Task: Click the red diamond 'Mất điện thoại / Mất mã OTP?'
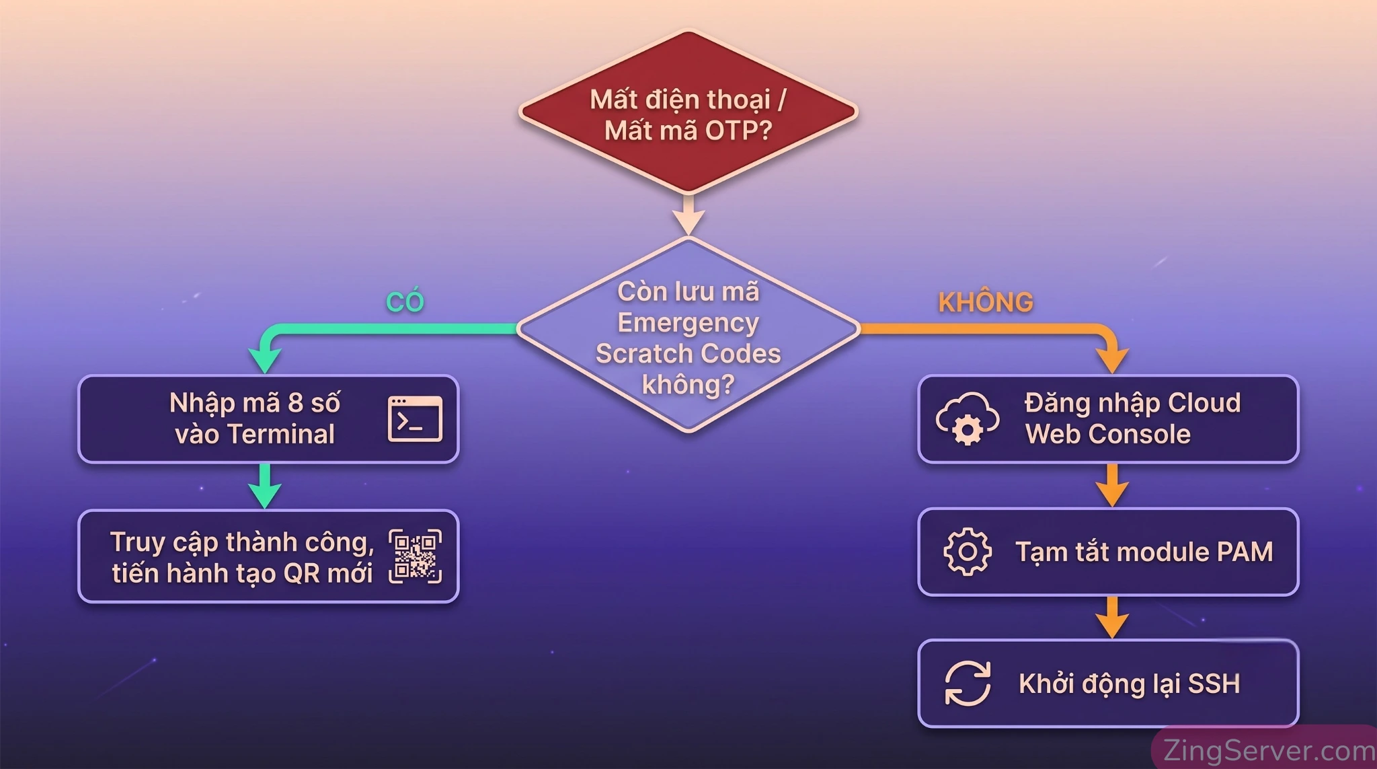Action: coord(688,112)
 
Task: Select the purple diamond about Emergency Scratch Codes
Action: coord(688,334)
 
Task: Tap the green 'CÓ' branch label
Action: coord(405,301)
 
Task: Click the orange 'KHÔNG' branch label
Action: coord(986,302)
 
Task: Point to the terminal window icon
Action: coord(415,418)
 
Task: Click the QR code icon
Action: coord(415,556)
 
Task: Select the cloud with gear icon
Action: coord(967,419)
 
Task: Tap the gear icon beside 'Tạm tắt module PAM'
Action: coord(968,552)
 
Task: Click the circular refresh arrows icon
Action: coord(968,683)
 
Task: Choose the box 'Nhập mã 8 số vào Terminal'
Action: coord(268,419)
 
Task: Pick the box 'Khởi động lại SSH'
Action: coord(1108,683)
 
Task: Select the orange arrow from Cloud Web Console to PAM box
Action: coord(1112,484)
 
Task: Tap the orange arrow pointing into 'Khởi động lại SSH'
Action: coord(1112,617)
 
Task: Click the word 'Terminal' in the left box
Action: coord(281,435)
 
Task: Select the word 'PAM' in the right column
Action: coord(1245,552)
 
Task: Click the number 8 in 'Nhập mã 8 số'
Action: coord(295,403)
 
